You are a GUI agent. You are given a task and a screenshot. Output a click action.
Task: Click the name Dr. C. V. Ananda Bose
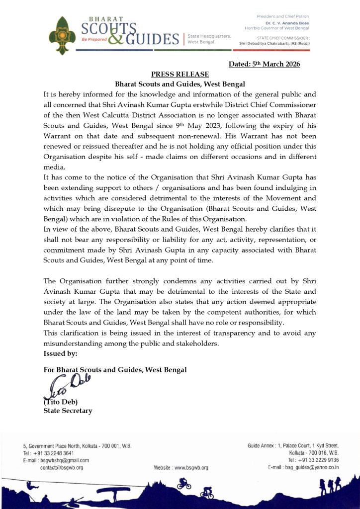tap(287, 22)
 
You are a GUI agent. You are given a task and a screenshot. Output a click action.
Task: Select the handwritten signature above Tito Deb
tap(63, 385)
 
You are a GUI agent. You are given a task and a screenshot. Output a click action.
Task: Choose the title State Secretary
tap(67, 411)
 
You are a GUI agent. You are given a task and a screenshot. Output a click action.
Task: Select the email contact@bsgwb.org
tap(61, 468)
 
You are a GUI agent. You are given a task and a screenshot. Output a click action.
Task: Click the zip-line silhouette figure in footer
tap(28, 484)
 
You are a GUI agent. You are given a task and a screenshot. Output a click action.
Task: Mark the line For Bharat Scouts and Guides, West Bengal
tap(115, 370)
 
